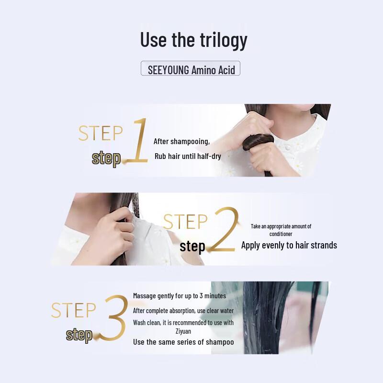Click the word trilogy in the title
pos(224,40)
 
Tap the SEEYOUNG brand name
pos(169,70)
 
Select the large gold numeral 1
pos(137,140)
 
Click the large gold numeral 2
pos(224,229)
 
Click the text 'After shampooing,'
pos(182,141)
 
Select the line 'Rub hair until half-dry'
pos(188,157)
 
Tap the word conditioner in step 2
pos(281,234)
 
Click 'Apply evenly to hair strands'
pos(289,245)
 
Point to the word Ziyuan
pos(183,331)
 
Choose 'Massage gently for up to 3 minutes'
pos(180,296)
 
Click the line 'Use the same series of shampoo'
pos(183,342)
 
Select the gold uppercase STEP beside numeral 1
pos(101,133)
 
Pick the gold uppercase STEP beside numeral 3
pos(74,310)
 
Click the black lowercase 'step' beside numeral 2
pos(192,246)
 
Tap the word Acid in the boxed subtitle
pos(226,70)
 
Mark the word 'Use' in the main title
pos(153,40)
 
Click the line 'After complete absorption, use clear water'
pos(183,311)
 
